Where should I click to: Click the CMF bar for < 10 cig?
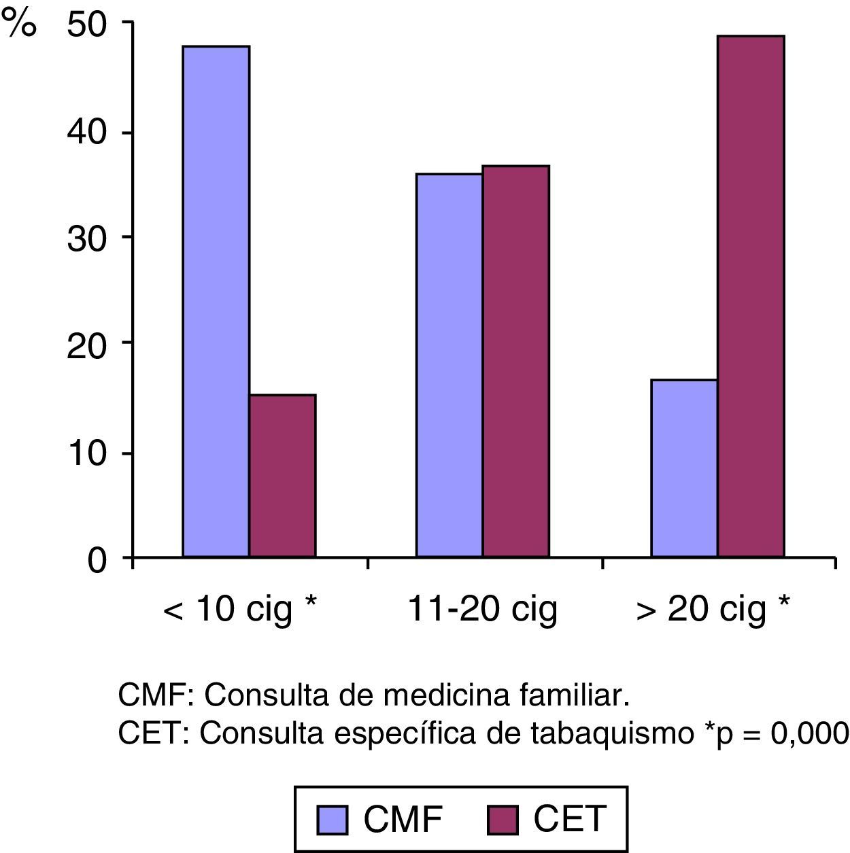click(x=216, y=302)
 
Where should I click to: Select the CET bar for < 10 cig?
click(x=282, y=476)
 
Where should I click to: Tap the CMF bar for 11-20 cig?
click(x=449, y=366)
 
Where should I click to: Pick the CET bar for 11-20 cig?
click(x=515, y=362)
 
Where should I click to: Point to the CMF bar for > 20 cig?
click(x=684, y=468)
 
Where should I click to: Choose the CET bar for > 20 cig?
click(x=751, y=296)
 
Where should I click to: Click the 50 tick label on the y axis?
click(x=87, y=27)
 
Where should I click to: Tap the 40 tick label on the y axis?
click(x=87, y=133)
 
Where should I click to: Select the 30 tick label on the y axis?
click(x=87, y=239)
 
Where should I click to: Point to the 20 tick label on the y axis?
click(x=87, y=344)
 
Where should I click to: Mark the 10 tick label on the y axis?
click(x=87, y=453)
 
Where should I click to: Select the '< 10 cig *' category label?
click(x=240, y=609)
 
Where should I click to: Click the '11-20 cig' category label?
click(x=482, y=609)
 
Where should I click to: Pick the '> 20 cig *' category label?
click(x=713, y=609)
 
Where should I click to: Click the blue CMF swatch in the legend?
click(x=332, y=820)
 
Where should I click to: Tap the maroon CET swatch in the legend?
click(x=503, y=820)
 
